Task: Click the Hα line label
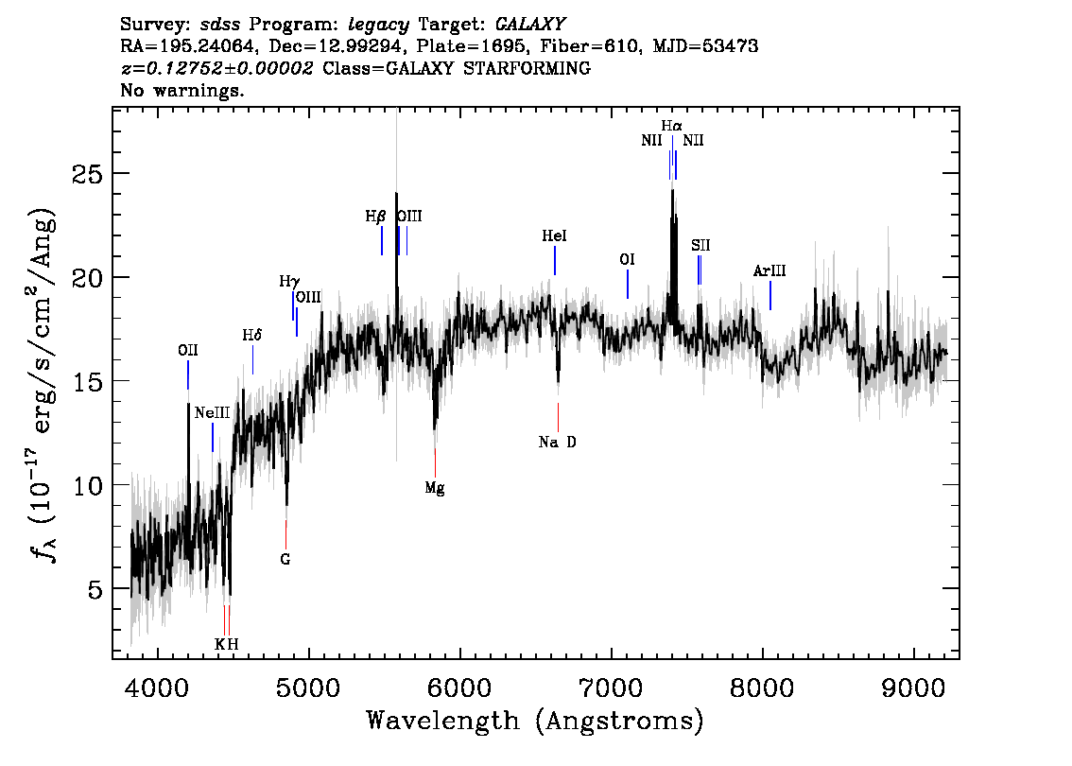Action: tap(671, 126)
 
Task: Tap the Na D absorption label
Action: tap(557, 443)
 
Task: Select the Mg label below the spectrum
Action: tap(435, 488)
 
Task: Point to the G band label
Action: tap(285, 560)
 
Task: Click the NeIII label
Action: tap(212, 412)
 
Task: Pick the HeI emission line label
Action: tap(555, 236)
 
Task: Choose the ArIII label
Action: tap(769, 270)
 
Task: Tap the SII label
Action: tap(700, 246)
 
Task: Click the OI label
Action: tap(627, 260)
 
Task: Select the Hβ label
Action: tap(375, 217)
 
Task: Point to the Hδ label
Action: tap(252, 335)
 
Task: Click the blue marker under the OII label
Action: tap(188, 374)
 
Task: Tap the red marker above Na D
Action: tap(558, 417)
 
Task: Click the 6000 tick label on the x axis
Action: tap(460, 688)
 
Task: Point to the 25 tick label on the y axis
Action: tap(88, 174)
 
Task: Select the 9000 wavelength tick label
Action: tap(913, 688)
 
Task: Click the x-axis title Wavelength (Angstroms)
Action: tap(535, 721)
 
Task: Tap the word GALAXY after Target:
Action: tap(529, 25)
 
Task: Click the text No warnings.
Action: tap(182, 90)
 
